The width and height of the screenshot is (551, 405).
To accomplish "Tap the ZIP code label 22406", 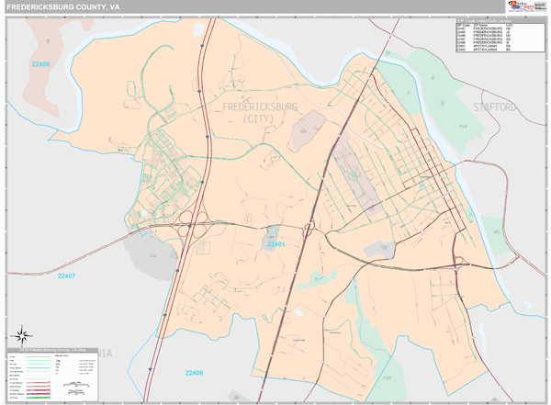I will point(40,64).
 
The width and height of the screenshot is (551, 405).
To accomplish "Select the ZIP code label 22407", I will point(66,276).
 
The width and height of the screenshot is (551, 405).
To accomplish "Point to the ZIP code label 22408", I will point(193,373).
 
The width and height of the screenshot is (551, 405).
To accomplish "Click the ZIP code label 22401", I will point(276,244).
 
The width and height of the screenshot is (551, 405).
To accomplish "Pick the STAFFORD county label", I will point(495,107).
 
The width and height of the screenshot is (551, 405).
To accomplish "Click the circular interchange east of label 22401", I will point(309,226).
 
